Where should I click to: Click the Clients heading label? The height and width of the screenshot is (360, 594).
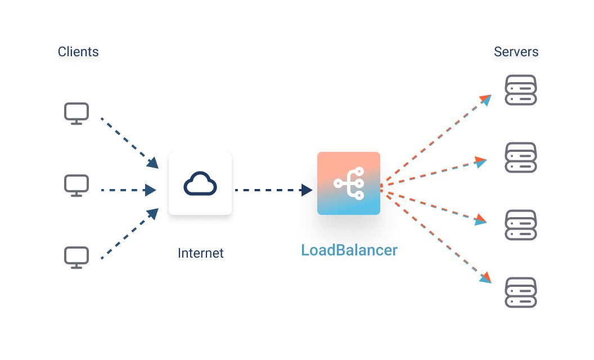[78, 53]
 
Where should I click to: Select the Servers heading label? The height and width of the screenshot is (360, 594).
[517, 53]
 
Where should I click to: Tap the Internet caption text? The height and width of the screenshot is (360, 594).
[201, 253]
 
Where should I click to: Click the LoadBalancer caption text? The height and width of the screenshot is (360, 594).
[349, 250]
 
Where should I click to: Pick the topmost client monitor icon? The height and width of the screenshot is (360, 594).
[76, 113]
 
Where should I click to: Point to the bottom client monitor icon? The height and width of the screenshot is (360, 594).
[76, 257]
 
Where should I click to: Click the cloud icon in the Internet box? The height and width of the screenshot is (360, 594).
[200, 184]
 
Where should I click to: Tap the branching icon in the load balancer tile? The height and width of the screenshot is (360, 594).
[349, 183]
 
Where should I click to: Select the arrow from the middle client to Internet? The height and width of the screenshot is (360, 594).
[127, 190]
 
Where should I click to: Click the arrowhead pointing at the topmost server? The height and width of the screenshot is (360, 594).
[486, 100]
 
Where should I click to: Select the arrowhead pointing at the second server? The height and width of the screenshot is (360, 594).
[480, 163]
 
